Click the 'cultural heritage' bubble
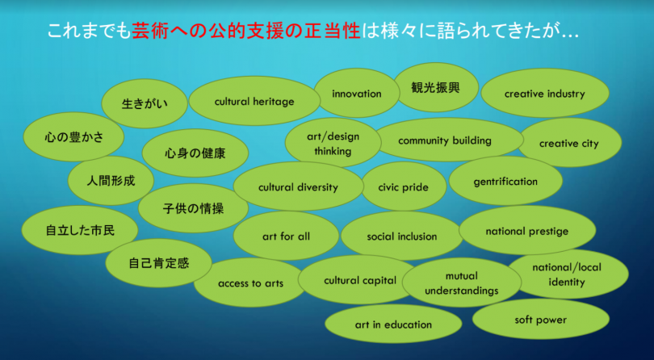[x=254, y=101]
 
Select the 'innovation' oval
[x=357, y=93]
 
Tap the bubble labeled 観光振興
[x=436, y=88]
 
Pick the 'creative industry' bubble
[x=545, y=94]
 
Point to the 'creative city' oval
[x=569, y=143]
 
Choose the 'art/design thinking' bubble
[x=333, y=143]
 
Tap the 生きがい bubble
[x=145, y=103]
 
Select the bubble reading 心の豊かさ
[x=73, y=137]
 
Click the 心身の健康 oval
[x=195, y=153]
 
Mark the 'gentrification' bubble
[x=505, y=181]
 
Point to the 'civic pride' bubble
[x=404, y=186]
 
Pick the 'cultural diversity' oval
[x=298, y=186]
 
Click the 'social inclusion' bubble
[x=402, y=237]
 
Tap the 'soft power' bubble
[x=540, y=320]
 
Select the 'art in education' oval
[x=393, y=324]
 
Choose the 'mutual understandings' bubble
[x=462, y=283]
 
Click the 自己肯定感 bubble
[x=158, y=263]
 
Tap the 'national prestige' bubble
[x=527, y=230]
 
